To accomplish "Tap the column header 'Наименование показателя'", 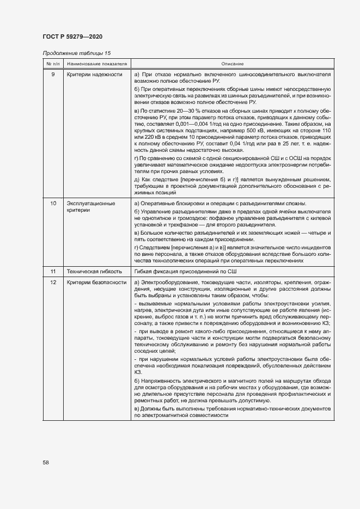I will [97, 64].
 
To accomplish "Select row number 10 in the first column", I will [52, 204].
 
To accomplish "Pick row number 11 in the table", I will [52, 271].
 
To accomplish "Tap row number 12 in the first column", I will [52, 283].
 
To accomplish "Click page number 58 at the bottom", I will [46, 462].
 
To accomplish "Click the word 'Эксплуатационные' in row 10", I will [90, 204].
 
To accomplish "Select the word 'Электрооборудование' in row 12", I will [169, 283].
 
